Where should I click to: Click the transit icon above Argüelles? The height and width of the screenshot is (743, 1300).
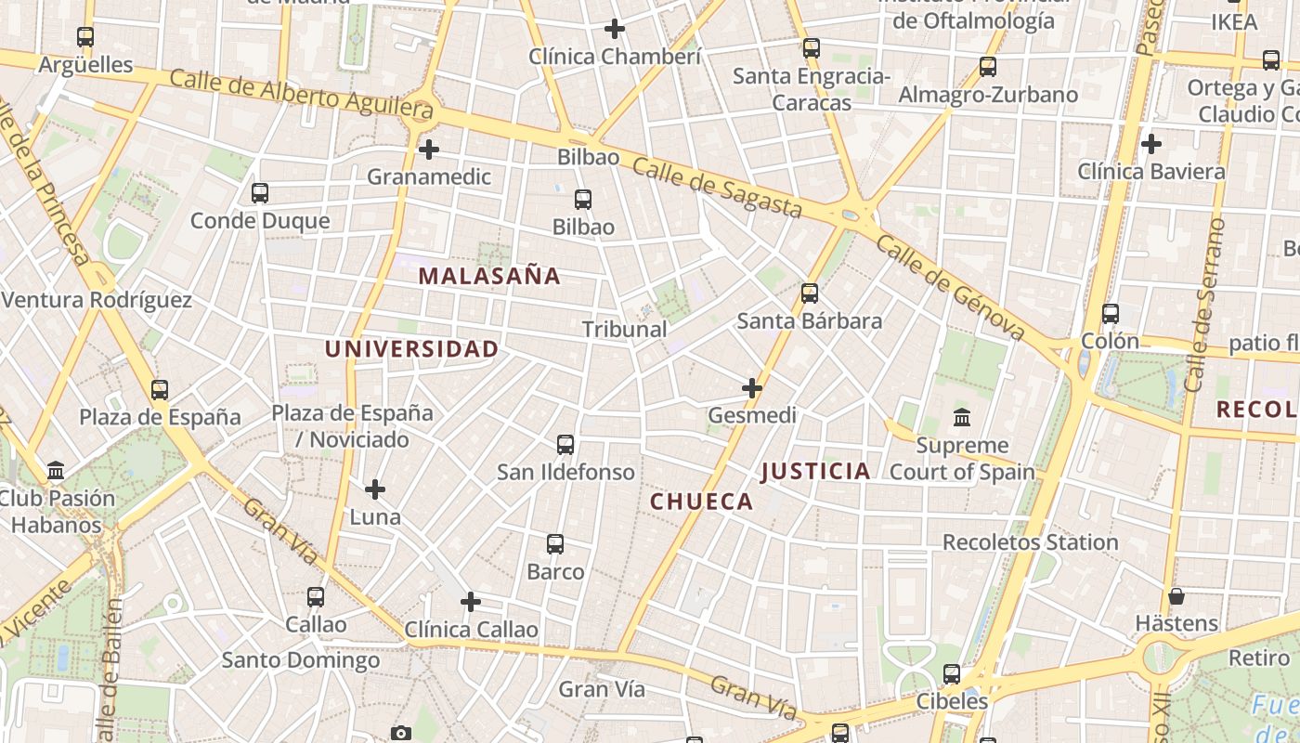[x=85, y=37]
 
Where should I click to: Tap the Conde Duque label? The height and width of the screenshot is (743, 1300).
[x=260, y=221]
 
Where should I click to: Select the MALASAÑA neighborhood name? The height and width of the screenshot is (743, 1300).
[x=489, y=276]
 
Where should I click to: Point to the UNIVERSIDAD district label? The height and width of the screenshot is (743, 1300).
[x=411, y=349]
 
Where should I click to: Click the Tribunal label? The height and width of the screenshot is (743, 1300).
[x=624, y=329]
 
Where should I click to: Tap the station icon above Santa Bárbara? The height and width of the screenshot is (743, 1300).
[x=810, y=293]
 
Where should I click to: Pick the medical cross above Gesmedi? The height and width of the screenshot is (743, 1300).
[x=752, y=387]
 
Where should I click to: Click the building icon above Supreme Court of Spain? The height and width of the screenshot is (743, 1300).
[x=962, y=417]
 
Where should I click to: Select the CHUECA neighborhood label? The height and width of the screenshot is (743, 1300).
[x=701, y=502]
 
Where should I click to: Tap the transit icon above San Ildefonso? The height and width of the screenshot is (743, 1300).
[x=565, y=444]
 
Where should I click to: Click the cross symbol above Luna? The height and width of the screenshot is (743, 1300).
[x=375, y=489]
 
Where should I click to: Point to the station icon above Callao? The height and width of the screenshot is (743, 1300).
[x=316, y=596]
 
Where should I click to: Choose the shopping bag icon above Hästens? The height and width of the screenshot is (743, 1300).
[x=1176, y=595]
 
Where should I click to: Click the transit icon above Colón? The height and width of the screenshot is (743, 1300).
[x=1111, y=313]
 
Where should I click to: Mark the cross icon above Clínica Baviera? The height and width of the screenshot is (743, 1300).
[x=1151, y=144]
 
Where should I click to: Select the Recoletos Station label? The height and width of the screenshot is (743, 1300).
[x=1030, y=541]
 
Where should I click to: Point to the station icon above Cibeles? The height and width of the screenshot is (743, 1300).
[x=952, y=673]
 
